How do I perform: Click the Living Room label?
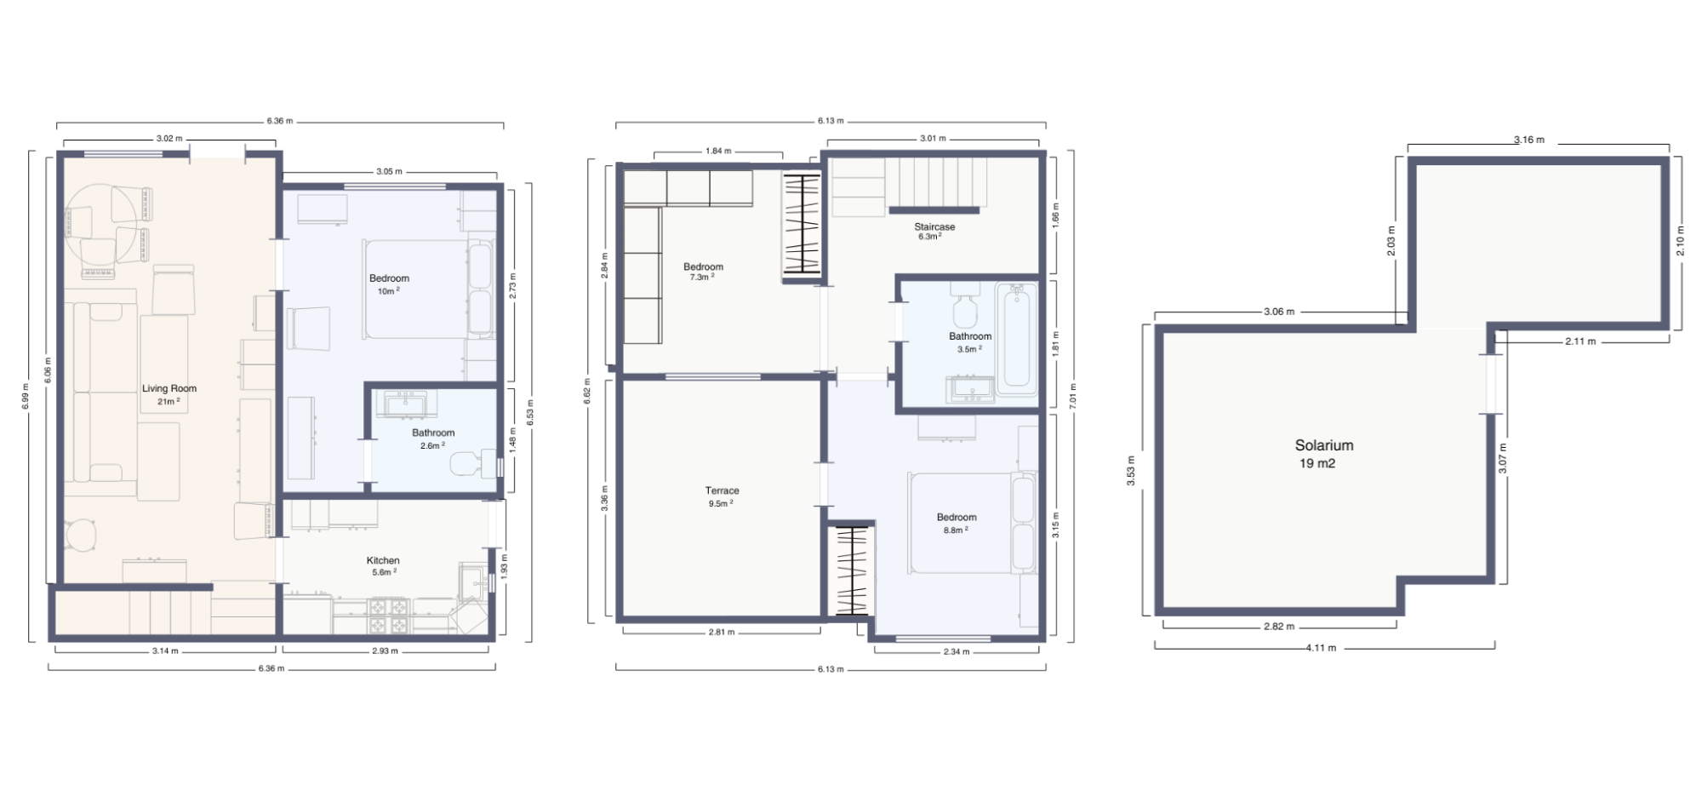pos(169,388)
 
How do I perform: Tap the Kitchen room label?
pos(383,560)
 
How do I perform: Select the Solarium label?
pos(1323,445)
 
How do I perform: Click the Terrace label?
pos(722,490)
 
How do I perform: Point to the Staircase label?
pos(934,226)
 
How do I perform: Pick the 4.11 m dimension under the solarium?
pos(1321,648)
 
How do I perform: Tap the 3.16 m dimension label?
pos(1528,140)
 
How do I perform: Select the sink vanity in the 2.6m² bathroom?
pos(405,404)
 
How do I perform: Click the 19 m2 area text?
pos(1316,464)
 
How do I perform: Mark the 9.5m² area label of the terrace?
pos(720,503)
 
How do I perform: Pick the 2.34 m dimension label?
pos(956,652)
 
